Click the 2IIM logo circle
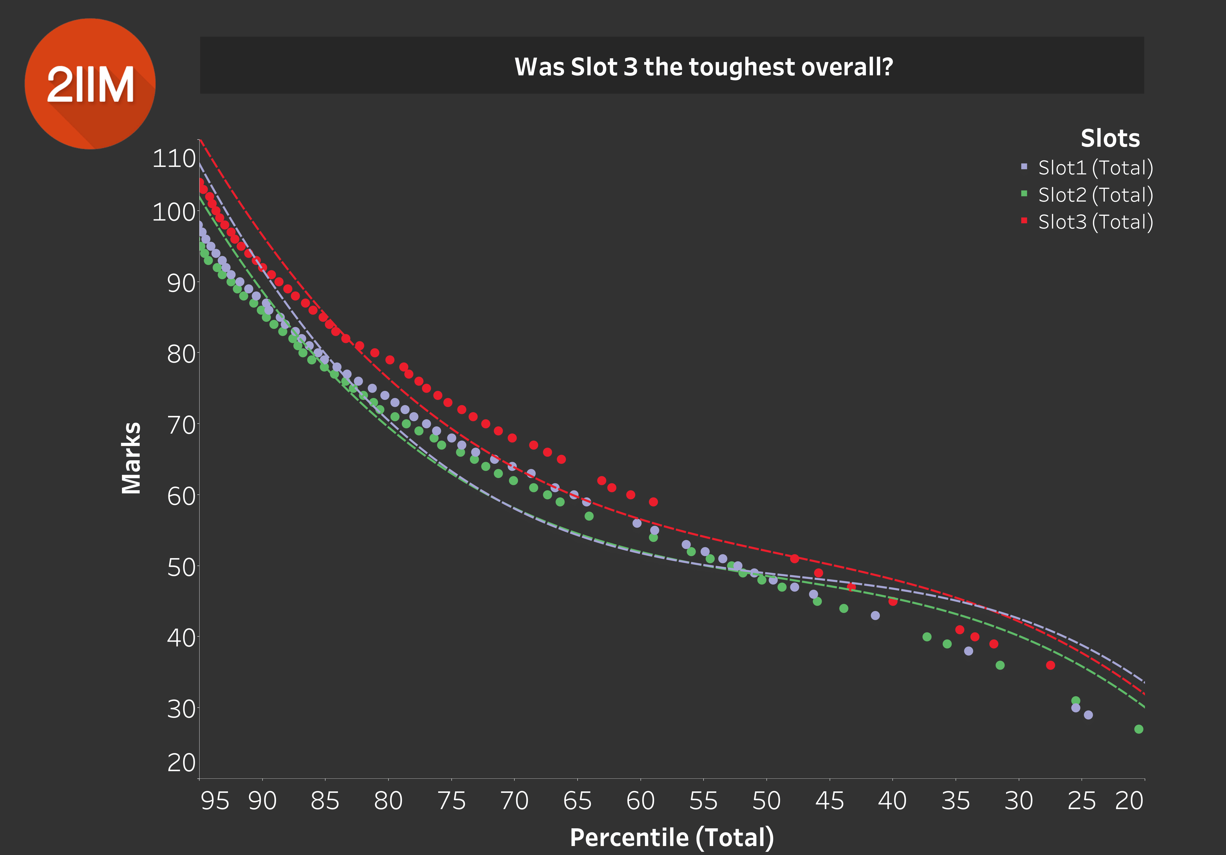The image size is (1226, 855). click(90, 84)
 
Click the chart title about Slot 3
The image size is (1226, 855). click(703, 67)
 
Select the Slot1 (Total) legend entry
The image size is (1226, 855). click(1095, 168)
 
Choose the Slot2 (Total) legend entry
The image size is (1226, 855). click(1095, 195)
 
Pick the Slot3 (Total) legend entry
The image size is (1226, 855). click(1095, 222)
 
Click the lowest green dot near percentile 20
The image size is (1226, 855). click(1138, 729)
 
